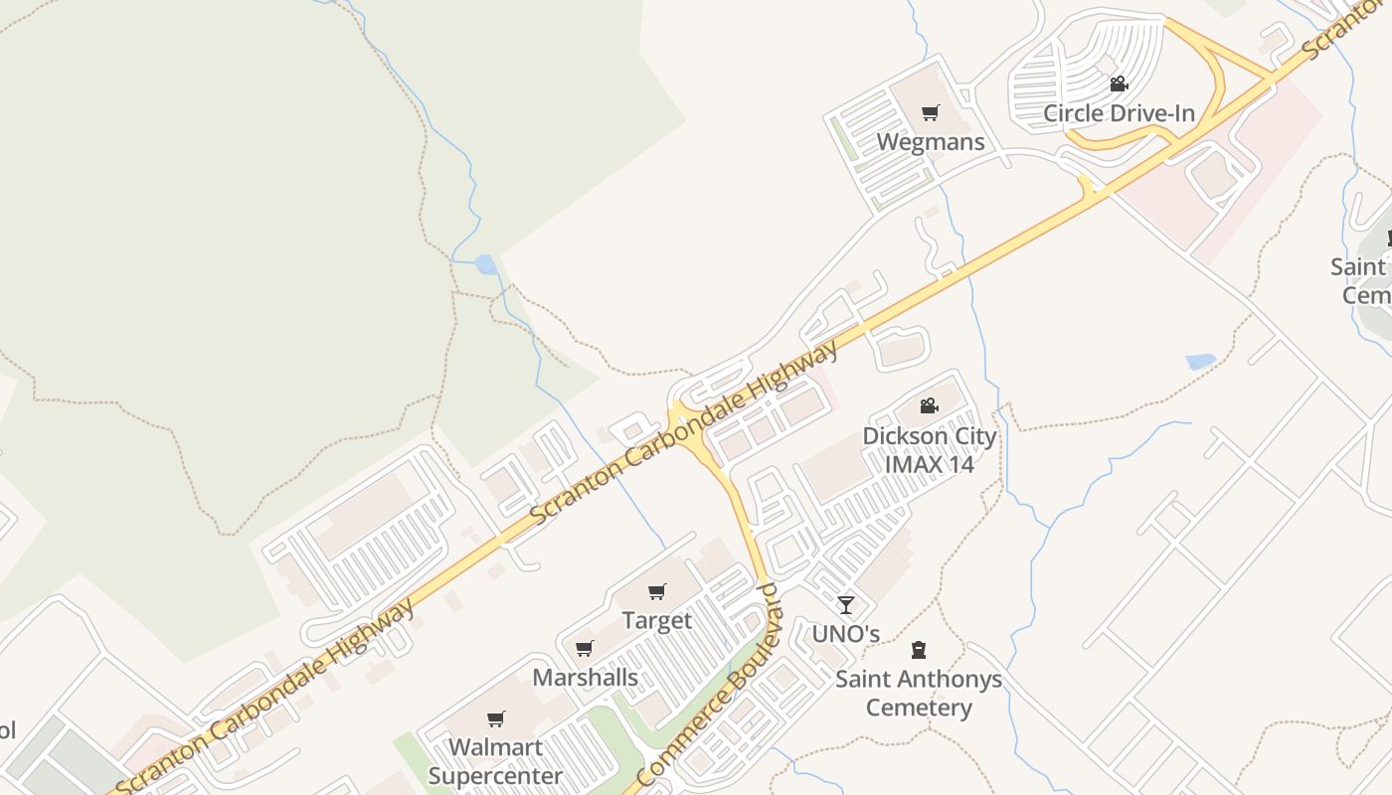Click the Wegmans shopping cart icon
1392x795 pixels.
(930, 113)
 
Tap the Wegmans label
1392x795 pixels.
(930, 142)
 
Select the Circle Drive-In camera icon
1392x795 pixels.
(1119, 84)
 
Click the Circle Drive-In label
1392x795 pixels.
(1119, 113)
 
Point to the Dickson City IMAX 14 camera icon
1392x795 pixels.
(929, 405)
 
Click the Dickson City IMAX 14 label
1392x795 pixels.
(929, 449)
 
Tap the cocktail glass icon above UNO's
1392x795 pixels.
(845, 604)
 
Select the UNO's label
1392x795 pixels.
(845, 634)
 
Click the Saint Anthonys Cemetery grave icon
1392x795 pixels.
(918, 650)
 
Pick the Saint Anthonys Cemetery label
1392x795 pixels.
(918, 694)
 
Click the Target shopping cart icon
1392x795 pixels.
(656, 592)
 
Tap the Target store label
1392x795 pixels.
(656, 621)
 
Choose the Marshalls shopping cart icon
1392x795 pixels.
(585, 649)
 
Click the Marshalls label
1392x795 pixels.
(585, 678)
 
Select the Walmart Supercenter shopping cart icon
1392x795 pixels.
(495, 718)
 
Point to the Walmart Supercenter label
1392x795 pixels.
(495, 761)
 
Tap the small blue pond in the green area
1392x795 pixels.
(485, 264)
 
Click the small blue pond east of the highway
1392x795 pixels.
(1200, 362)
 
